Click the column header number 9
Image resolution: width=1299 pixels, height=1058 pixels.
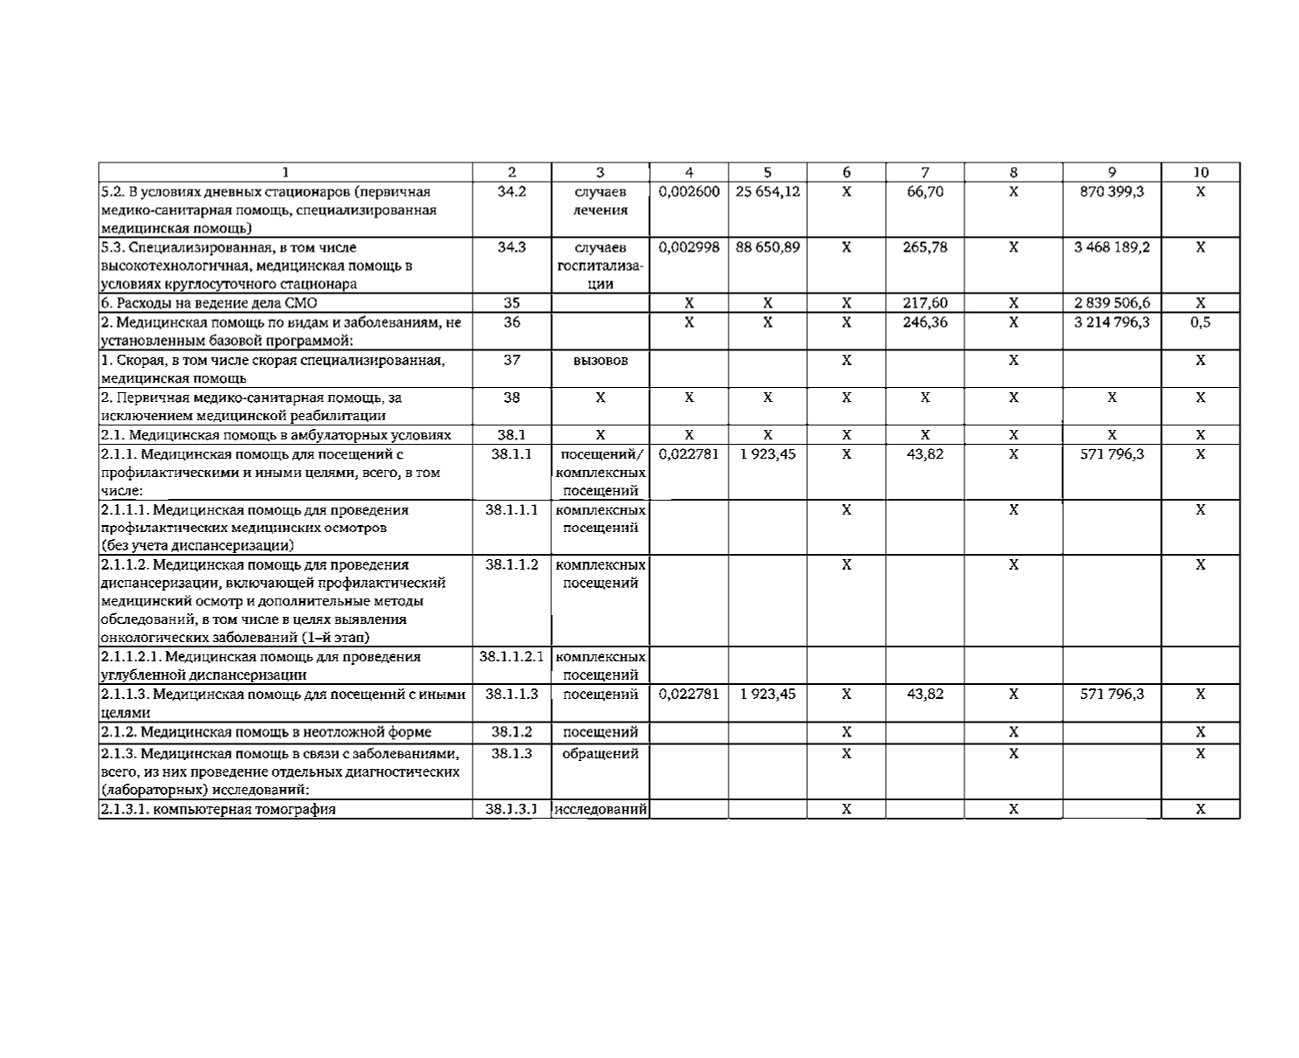coord(1111,172)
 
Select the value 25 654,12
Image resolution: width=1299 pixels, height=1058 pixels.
coord(767,191)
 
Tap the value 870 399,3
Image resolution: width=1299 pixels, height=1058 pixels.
coord(1111,191)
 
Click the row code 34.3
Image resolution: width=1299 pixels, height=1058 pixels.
coord(512,247)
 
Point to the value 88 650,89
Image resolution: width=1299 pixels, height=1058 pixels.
coord(767,247)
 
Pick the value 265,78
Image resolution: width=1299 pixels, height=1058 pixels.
coord(924,247)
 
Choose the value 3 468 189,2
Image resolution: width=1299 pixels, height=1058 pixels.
coord(1111,247)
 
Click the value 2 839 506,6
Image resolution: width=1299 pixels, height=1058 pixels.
coord(1111,303)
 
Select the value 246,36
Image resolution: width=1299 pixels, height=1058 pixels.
coord(924,322)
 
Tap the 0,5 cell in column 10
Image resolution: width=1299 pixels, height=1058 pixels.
coord(1200,322)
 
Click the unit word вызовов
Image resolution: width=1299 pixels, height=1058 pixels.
coord(599,360)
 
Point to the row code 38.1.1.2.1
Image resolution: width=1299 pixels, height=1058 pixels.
coord(512,656)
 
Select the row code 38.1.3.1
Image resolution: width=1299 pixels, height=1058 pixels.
coord(512,809)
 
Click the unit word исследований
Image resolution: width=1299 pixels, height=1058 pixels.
coord(601,809)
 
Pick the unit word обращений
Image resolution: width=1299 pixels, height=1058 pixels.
coord(599,753)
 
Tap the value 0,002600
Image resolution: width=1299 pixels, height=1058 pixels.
coord(689,191)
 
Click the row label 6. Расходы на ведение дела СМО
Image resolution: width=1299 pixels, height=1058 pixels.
coord(209,303)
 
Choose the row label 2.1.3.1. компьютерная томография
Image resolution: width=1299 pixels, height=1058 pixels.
coord(218,809)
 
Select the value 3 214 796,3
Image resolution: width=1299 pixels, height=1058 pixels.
coord(1111,322)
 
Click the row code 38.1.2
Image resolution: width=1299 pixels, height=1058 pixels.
coord(512,732)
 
